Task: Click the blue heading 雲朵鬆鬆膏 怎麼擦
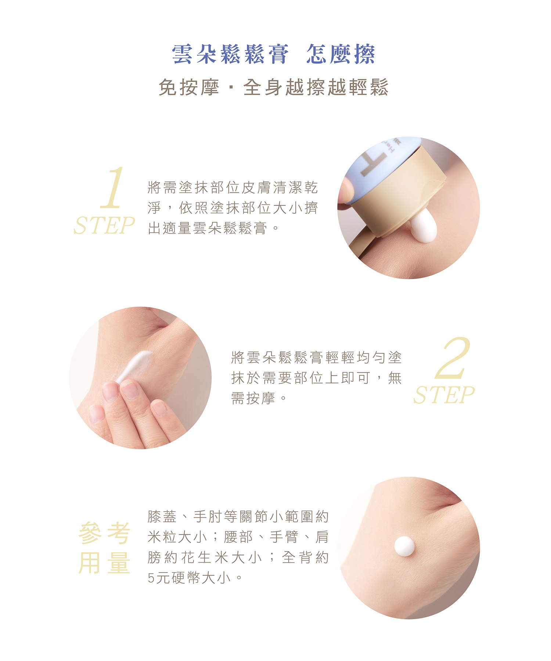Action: (274, 54)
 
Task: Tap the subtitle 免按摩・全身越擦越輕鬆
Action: (274, 87)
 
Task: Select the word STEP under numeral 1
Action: (104, 225)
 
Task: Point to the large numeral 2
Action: (452, 358)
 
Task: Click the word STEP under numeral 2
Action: (444, 395)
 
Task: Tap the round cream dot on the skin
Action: (404, 546)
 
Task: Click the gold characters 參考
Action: (104, 533)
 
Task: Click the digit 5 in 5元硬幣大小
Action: (151, 578)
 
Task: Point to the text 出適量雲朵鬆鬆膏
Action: (208, 228)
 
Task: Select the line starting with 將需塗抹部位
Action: (233, 187)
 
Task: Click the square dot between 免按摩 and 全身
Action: (231, 87)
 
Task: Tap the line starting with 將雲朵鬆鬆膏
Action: (317, 357)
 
